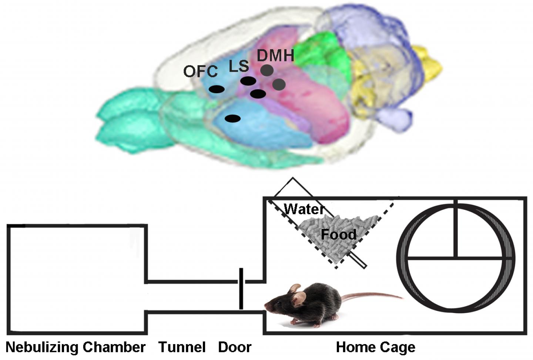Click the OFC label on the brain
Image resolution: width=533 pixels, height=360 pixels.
pos(200,71)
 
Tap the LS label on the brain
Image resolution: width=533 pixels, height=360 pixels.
pos(238,66)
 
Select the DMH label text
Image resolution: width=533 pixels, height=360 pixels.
pos(275,55)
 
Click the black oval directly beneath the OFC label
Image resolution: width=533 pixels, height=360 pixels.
pos(216,89)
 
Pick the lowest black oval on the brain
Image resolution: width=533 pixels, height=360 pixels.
pos(232,118)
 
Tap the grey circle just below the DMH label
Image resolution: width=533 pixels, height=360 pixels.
pos(267,70)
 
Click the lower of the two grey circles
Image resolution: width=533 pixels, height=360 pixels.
pos(279,85)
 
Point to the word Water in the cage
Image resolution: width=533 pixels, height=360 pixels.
pos(304,209)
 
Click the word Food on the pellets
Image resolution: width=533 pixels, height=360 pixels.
pos(338,235)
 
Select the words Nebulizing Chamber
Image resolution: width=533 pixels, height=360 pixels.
pos(76,347)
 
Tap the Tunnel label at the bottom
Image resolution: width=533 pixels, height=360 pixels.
pos(182,347)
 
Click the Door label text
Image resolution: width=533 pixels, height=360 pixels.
pos(235,347)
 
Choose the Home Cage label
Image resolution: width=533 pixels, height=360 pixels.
pos(375,347)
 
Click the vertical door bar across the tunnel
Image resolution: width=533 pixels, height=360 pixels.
pos(241,289)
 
